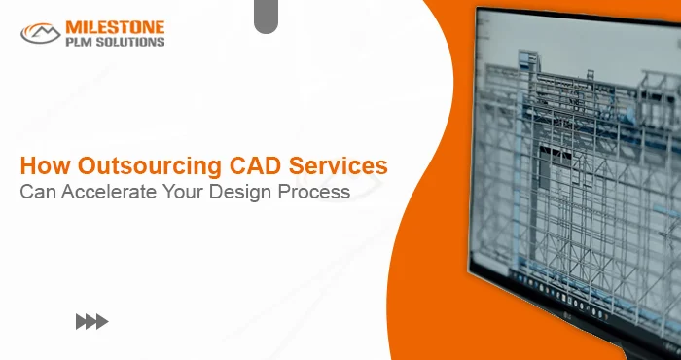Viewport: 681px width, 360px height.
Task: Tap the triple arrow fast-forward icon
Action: point(91,322)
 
